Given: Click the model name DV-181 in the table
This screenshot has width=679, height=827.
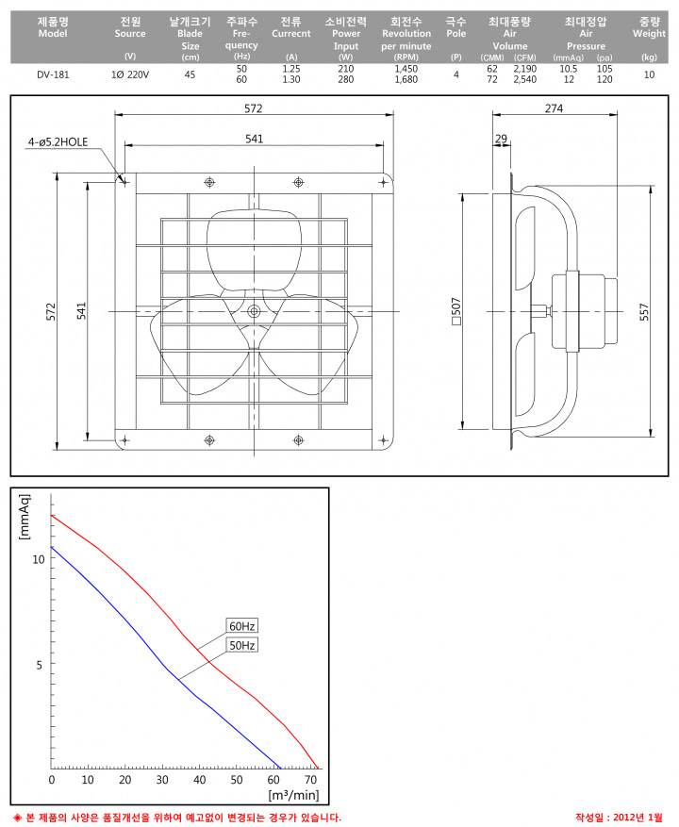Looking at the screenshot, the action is click(53, 74).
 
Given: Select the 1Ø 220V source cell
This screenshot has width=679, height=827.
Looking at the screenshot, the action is click(130, 74).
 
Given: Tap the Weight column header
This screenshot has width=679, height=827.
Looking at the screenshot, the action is click(649, 27).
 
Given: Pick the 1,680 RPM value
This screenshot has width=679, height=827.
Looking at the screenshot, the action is click(406, 79).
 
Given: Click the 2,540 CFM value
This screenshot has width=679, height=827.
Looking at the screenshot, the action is click(525, 79).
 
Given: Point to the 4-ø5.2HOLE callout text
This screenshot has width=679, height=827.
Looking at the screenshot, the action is click(58, 141).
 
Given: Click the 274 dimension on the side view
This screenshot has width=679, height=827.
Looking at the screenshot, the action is click(554, 108).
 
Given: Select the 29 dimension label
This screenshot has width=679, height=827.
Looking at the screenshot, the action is click(501, 139).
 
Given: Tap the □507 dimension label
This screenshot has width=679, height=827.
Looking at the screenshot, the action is click(456, 311).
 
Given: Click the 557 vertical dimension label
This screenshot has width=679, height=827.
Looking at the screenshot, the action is click(644, 312).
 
